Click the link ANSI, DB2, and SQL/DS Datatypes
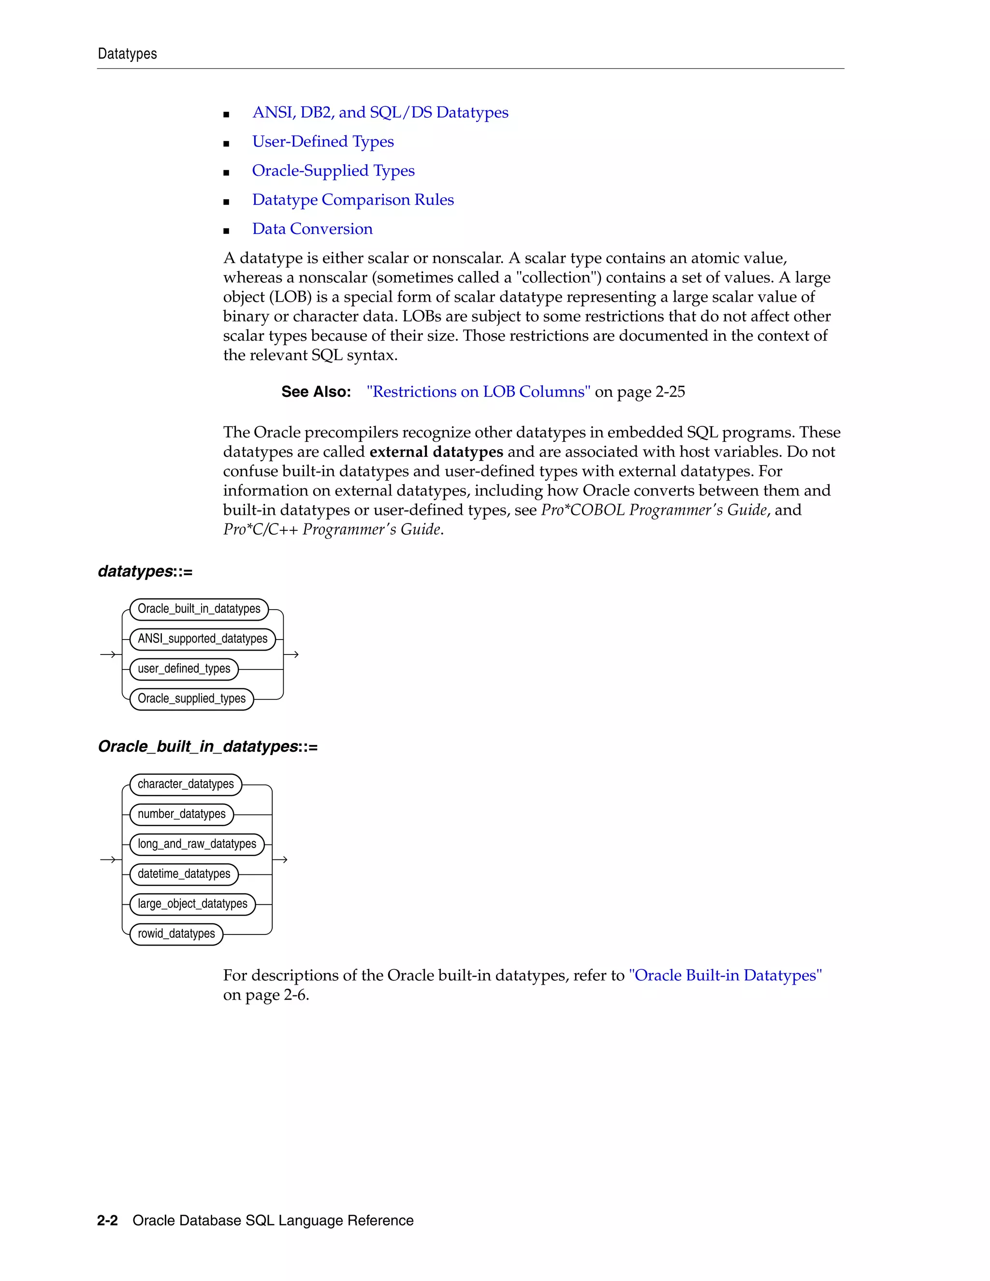(x=380, y=113)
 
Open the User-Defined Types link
(x=322, y=142)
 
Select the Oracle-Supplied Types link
(x=333, y=171)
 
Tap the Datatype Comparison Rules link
(x=352, y=200)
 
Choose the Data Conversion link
(x=312, y=229)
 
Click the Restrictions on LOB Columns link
(x=478, y=392)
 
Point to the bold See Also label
(x=316, y=392)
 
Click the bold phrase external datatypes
(x=436, y=451)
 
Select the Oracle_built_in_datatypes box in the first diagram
(x=199, y=609)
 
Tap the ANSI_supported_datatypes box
(x=203, y=639)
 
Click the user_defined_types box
(x=184, y=669)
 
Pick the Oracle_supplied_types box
(x=191, y=699)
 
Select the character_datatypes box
(x=185, y=784)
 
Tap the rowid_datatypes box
(x=176, y=934)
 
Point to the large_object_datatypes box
(x=192, y=904)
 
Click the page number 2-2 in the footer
(x=107, y=1221)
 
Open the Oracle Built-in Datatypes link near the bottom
(x=725, y=975)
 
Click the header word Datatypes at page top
(x=127, y=54)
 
